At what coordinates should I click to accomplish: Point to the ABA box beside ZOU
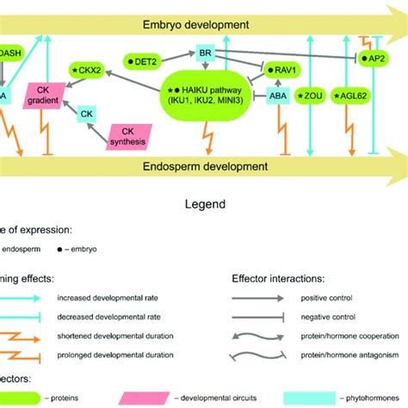click(x=278, y=96)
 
